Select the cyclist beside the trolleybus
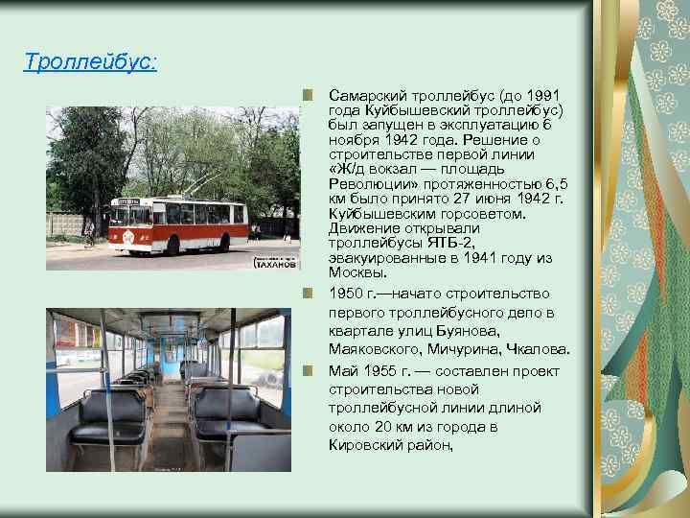[89, 236]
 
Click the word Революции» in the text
[363, 183]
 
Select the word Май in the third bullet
[342, 370]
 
